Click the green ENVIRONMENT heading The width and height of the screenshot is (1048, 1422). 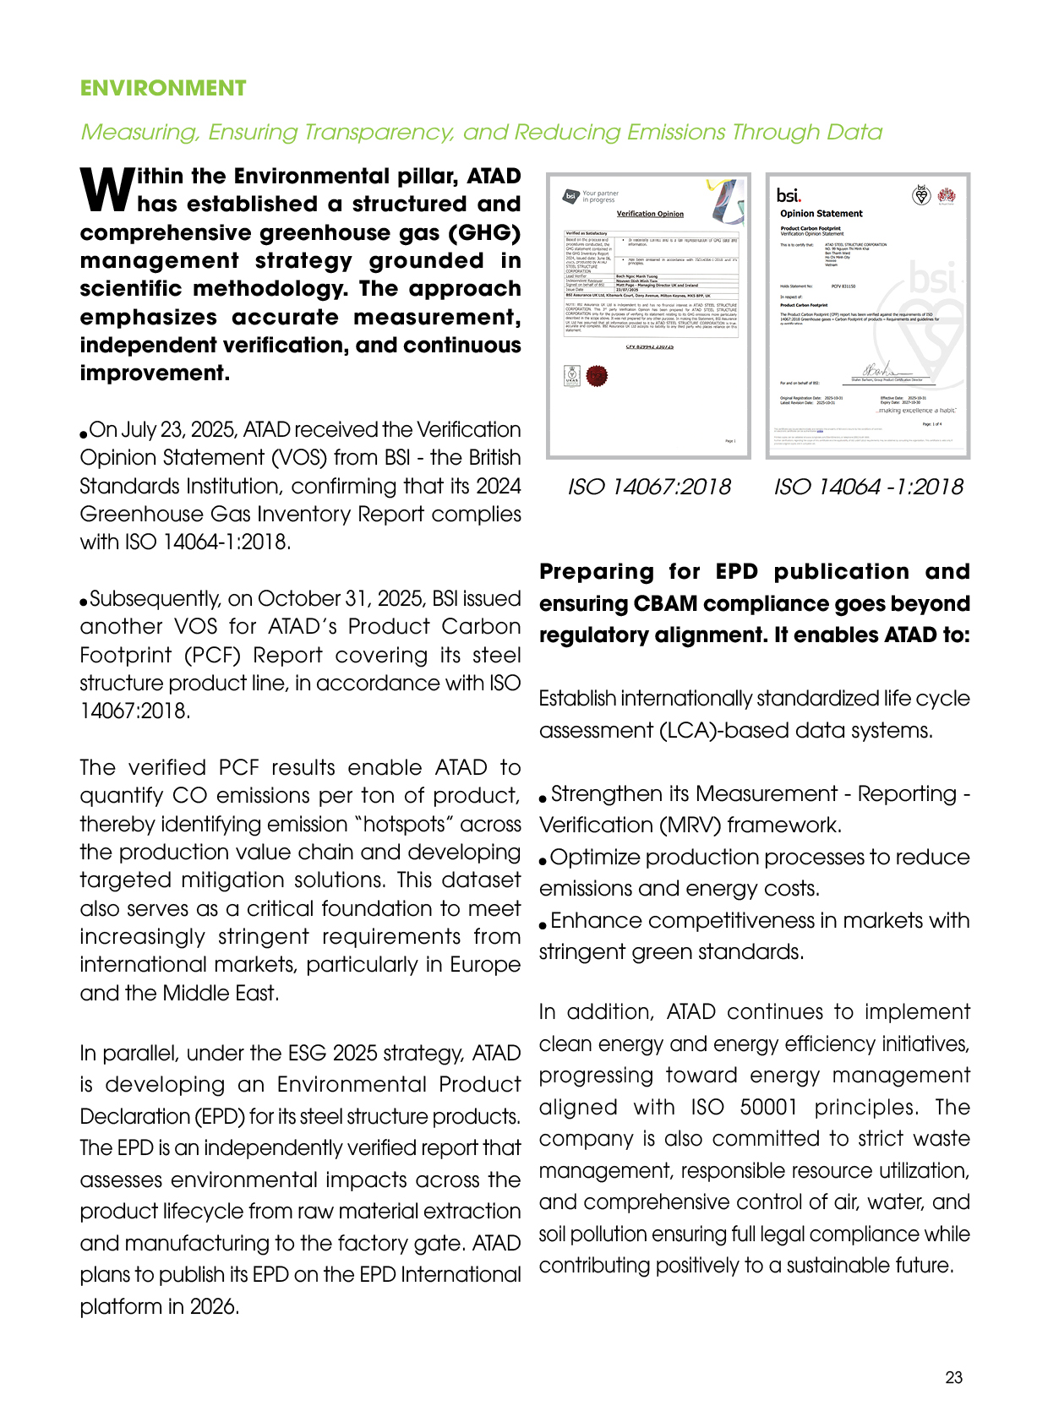[163, 89]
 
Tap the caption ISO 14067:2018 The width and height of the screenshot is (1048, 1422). [649, 487]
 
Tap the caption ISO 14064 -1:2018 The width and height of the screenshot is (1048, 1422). [868, 487]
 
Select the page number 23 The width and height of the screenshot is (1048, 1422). [953, 1378]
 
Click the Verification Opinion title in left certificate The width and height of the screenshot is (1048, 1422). [650, 214]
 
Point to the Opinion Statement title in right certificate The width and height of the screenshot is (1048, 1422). [821, 214]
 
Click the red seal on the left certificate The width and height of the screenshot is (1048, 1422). [597, 376]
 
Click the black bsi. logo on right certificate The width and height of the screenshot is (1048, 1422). [789, 196]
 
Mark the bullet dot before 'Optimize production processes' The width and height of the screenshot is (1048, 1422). [543, 861]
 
